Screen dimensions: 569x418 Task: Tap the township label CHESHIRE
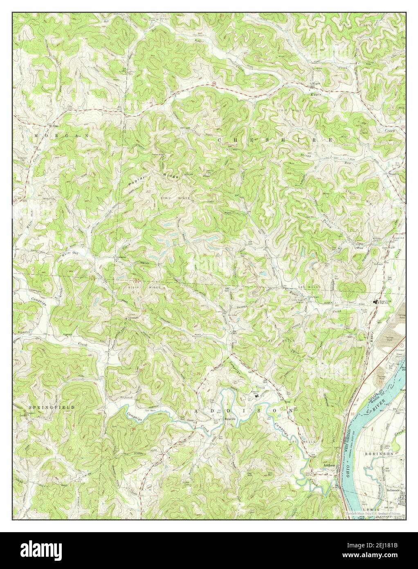275,140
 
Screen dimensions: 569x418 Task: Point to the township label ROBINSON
379,454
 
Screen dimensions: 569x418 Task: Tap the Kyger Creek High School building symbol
375,303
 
